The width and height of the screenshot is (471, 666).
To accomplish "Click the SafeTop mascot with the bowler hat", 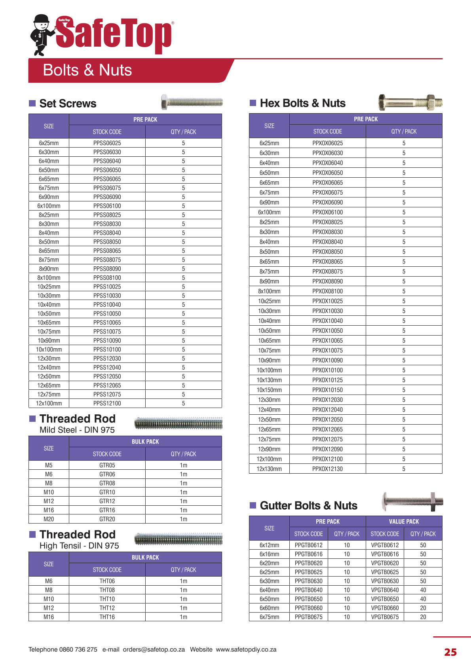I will click(x=42, y=35).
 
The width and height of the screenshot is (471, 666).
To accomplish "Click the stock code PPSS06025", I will click(x=107, y=143).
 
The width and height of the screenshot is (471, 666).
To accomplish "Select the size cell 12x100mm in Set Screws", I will click(x=49, y=404).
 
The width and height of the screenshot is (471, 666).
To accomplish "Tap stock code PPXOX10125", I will click(x=327, y=380).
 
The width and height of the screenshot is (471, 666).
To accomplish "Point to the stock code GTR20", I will click(x=107, y=519).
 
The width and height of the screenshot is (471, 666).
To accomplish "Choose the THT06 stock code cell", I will click(x=107, y=581).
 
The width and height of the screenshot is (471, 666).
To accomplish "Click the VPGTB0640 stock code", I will click(x=385, y=590).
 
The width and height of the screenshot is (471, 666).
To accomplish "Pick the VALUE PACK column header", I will click(x=404, y=522).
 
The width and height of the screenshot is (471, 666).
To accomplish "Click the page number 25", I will click(x=450, y=652).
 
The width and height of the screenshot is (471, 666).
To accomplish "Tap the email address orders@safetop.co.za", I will click(x=154, y=649).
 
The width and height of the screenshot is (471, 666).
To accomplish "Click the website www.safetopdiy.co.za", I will click(x=246, y=649).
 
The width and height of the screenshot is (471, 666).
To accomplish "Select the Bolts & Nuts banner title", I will click(x=87, y=70).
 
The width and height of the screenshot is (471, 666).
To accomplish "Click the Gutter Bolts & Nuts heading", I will click(x=308, y=506).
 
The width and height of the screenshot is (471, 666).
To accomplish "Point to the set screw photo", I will click(x=192, y=102).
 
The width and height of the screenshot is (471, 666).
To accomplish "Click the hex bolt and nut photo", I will click(x=410, y=103).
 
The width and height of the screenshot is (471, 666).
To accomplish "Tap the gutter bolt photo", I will click(x=412, y=502).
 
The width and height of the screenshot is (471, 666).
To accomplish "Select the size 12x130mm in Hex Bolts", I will click(x=269, y=469).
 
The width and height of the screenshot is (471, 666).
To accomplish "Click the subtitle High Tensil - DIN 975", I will click(x=79, y=546).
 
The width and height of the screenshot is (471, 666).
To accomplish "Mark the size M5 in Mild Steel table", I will click(x=49, y=465).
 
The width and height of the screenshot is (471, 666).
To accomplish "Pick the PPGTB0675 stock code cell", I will click(x=308, y=617).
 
